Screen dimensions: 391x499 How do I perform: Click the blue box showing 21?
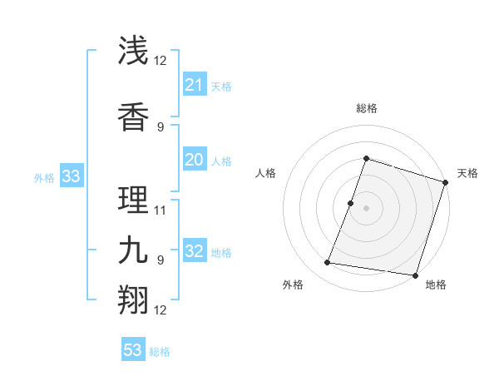(x=194, y=85)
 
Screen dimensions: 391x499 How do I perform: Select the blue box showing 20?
(x=194, y=161)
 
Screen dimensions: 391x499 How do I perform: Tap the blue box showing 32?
(x=194, y=252)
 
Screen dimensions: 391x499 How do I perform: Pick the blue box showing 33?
(x=71, y=176)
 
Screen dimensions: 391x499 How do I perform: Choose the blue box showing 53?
(x=133, y=350)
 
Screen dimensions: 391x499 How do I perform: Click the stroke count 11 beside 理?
(x=161, y=210)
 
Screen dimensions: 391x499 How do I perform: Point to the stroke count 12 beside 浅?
(x=161, y=61)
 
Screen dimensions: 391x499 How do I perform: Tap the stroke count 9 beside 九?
(x=161, y=260)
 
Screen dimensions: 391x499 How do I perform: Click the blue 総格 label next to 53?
(x=160, y=352)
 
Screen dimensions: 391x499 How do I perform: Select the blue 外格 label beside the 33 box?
(x=44, y=177)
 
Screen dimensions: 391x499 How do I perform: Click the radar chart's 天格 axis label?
(x=467, y=173)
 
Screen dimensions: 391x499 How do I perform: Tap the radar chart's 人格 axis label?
(x=266, y=173)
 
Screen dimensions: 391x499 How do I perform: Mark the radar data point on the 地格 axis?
(x=414, y=275)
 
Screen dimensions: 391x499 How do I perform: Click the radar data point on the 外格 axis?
(x=328, y=263)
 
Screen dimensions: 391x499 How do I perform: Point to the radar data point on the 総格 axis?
(x=366, y=159)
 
